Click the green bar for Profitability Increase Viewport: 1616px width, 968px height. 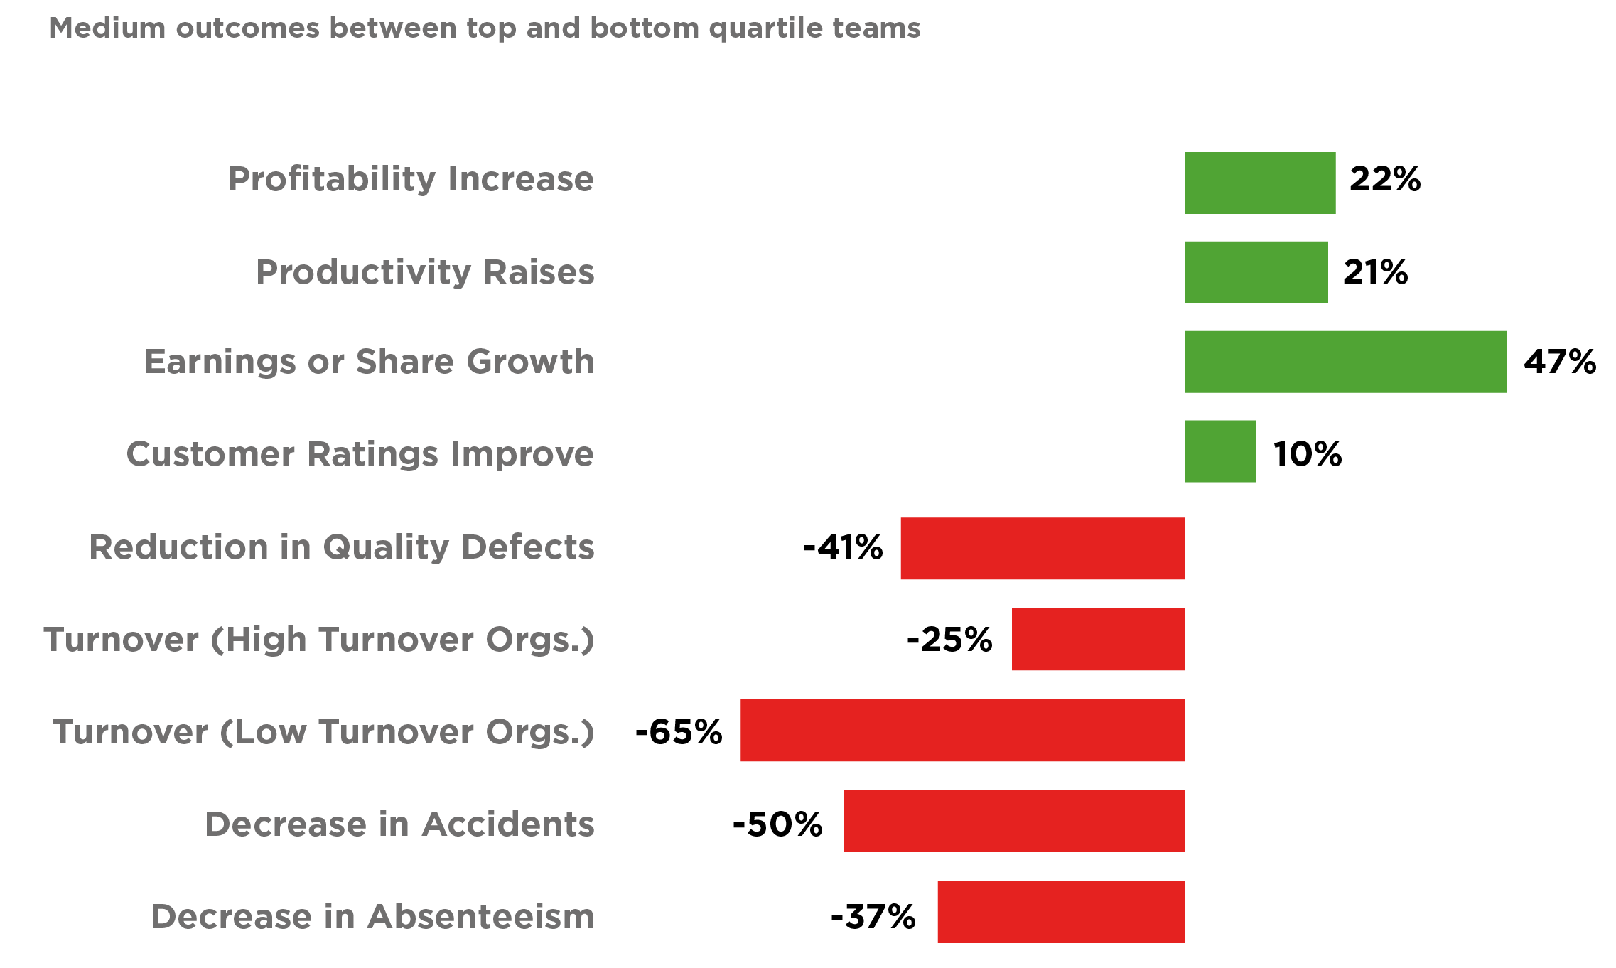pyautogui.click(x=1260, y=183)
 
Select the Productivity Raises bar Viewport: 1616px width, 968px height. pyautogui.click(x=1256, y=272)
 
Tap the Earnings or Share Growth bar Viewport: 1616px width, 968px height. pyautogui.click(x=1345, y=362)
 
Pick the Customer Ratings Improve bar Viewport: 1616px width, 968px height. pyautogui.click(x=1220, y=451)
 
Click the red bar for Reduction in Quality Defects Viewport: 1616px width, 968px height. pyautogui.click(x=1043, y=549)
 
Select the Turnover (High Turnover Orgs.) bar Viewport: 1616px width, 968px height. pyautogui.click(x=1098, y=640)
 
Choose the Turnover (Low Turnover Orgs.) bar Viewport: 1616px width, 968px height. pyautogui.click(x=962, y=731)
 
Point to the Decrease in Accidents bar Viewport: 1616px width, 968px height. pyautogui.click(x=1014, y=821)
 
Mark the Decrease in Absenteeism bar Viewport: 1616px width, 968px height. pyautogui.click(x=1061, y=912)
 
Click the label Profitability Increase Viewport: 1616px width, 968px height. pyautogui.click(x=411, y=179)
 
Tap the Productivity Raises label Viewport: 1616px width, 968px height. pyautogui.click(x=425, y=272)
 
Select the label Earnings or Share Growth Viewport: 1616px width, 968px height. pyautogui.click(x=370, y=362)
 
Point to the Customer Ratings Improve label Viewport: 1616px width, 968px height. pyautogui.click(x=360, y=454)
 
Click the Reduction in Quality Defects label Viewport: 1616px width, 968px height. pyautogui.click(x=342, y=547)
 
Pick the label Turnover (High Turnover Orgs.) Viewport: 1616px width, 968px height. pyautogui.click(x=319, y=640)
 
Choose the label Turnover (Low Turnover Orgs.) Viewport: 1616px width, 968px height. pyautogui.click(x=323, y=732)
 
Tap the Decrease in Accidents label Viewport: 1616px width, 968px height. pyautogui.click(x=399, y=824)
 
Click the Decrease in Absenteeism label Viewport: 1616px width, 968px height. pyautogui.click(x=372, y=917)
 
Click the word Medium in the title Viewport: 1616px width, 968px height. pyautogui.click(x=107, y=28)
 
